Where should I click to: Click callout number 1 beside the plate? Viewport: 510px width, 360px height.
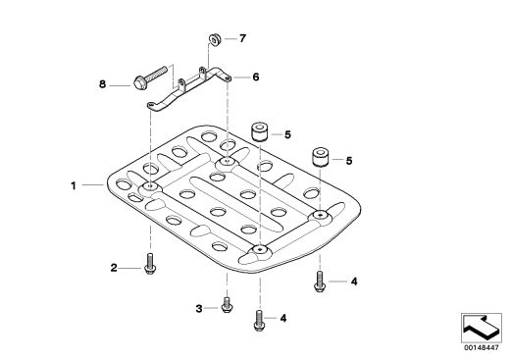(x=74, y=185)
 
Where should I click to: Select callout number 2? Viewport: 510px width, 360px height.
(x=114, y=268)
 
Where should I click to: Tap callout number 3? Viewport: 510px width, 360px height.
(x=199, y=308)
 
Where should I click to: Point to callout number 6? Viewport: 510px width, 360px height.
(x=256, y=77)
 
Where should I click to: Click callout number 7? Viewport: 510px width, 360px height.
(x=242, y=38)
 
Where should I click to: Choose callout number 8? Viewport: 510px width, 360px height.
(x=103, y=84)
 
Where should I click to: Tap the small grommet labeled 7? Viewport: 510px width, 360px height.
(x=215, y=39)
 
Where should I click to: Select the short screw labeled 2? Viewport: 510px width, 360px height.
(x=150, y=264)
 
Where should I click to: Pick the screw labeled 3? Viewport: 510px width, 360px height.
(x=227, y=304)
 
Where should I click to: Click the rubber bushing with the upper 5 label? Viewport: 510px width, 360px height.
(x=260, y=131)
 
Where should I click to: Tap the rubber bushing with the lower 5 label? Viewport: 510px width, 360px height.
(x=321, y=157)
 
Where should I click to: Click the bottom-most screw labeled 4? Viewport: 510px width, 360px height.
(x=259, y=321)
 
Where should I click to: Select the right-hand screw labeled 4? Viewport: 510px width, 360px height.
(x=320, y=282)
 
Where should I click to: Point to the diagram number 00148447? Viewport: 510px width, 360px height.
(x=482, y=347)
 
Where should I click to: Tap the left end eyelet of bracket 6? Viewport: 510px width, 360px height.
(x=151, y=105)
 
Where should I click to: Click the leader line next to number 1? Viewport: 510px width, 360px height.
(x=93, y=185)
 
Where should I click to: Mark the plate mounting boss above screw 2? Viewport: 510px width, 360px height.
(x=150, y=187)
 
